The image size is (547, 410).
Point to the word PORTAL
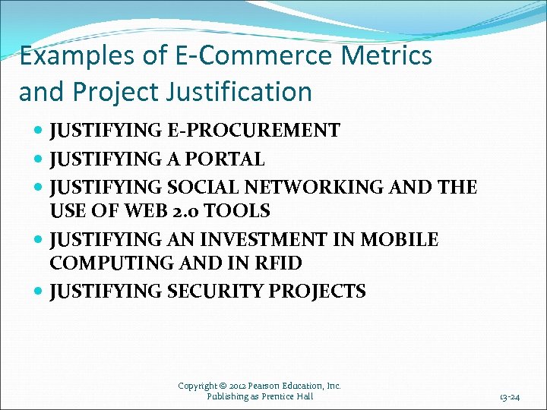click(x=227, y=159)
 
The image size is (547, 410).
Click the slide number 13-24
click(x=509, y=396)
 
